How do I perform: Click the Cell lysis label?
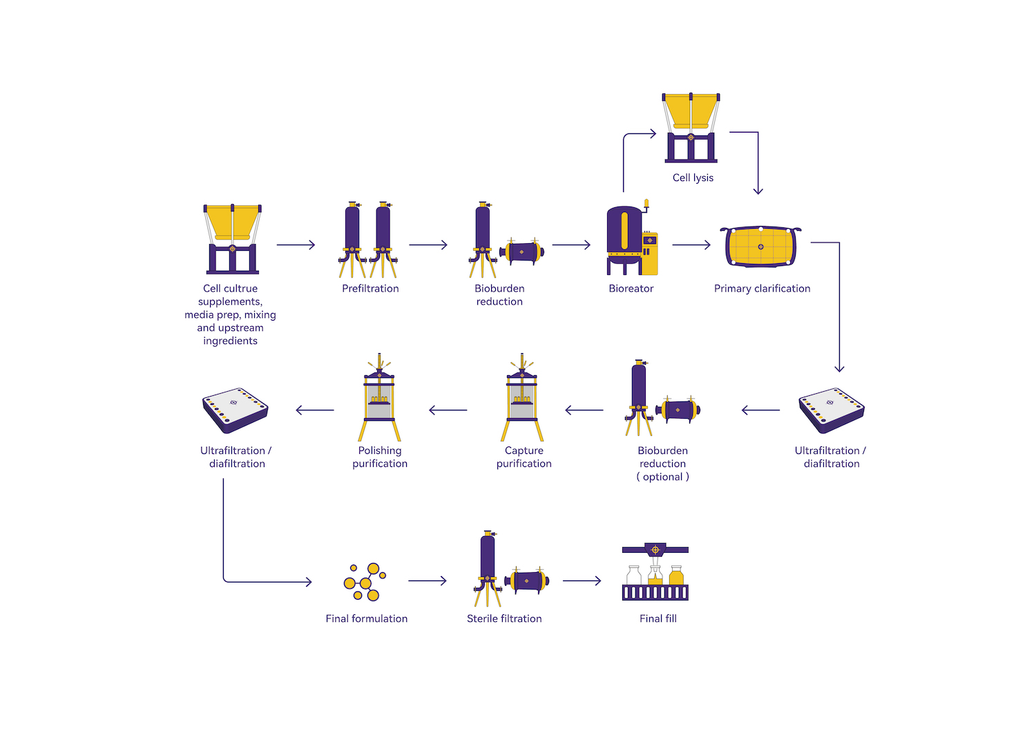tap(693, 178)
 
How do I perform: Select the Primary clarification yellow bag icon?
tap(760, 247)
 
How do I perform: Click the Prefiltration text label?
tap(370, 288)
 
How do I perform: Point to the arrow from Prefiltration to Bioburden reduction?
tap(428, 245)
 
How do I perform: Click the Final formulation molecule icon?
tap(365, 582)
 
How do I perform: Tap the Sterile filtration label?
tap(504, 618)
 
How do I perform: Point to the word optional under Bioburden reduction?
tap(663, 477)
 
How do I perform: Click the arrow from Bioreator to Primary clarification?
tap(691, 245)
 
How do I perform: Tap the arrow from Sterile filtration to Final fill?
tap(582, 581)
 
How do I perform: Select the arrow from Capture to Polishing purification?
tap(448, 410)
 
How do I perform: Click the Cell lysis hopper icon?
tap(691, 127)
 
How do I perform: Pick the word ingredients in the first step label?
tap(230, 341)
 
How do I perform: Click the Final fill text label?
tap(658, 618)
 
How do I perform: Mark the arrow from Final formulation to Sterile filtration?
tap(428, 581)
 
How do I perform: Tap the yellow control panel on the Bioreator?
tap(650, 253)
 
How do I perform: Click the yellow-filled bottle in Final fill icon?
tap(676, 576)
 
